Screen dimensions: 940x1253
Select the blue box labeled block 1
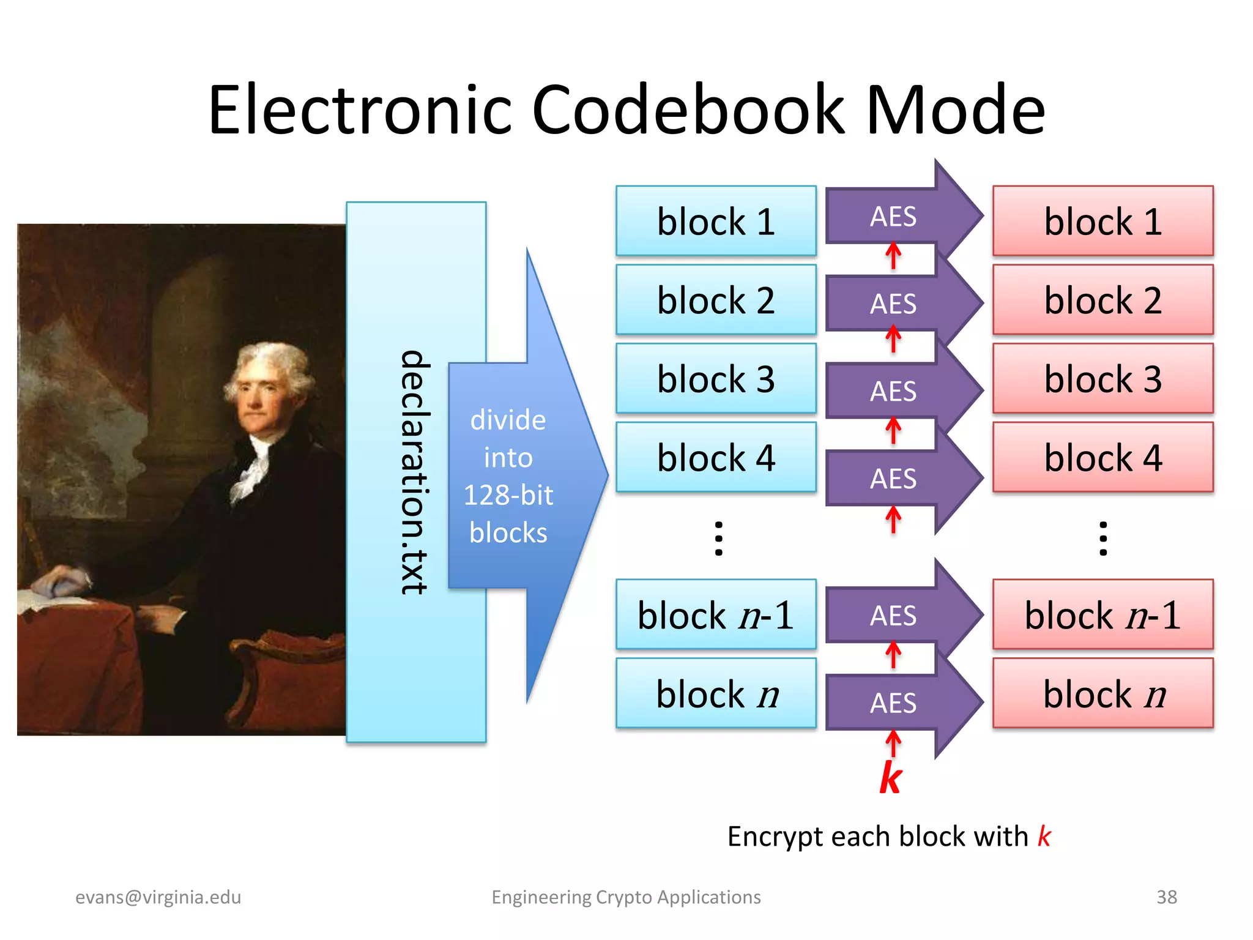[716, 221]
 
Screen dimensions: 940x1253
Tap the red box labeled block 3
[1102, 379]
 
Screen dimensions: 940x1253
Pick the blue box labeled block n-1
[716, 615]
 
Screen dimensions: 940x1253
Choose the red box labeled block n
[1102, 694]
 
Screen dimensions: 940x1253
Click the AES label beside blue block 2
[893, 304]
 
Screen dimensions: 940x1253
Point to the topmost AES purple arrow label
[893, 217]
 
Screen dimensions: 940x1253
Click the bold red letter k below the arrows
[891, 778]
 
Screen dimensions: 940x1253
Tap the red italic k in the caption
[1044, 837]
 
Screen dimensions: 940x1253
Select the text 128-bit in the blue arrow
[508, 495]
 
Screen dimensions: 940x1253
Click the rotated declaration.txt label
[414, 471]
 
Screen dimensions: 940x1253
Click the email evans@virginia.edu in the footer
[158, 897]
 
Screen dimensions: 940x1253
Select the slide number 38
[1166, 897]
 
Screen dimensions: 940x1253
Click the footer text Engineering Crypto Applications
[626, 897]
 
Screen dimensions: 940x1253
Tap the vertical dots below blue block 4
[719, 539]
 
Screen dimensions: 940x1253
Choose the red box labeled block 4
[1102, 458]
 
